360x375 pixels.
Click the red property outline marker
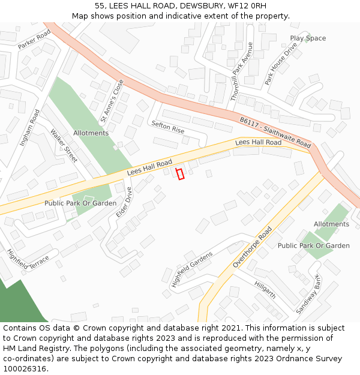(180, 173)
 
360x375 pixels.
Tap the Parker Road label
(34, 39)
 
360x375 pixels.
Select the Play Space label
(308, 38)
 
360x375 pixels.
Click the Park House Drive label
(281, 63)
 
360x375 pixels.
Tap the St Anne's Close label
(112, 100)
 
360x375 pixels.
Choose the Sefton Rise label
(168, 126)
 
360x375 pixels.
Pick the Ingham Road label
(29, 128)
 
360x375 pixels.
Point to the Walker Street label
(64, 146)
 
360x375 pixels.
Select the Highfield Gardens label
(191, 269)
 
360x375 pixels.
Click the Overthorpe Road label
(253, 247)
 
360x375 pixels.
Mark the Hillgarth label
(265, 290)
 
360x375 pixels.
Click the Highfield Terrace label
(28, 259)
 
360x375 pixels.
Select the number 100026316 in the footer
(25, 368)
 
